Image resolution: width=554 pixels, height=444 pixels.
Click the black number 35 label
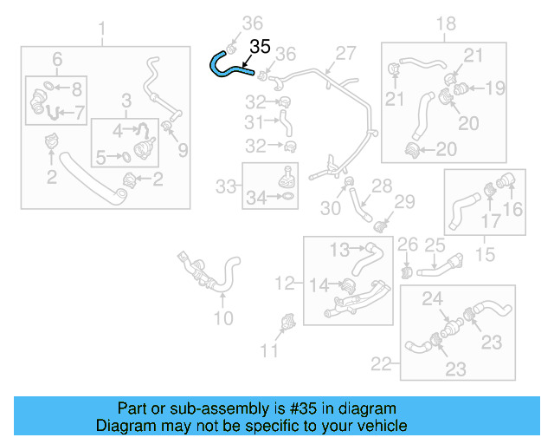tap(261, 46)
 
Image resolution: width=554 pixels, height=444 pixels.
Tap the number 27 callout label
tap(345, 54)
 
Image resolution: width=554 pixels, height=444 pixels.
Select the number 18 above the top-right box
tap(445, 24)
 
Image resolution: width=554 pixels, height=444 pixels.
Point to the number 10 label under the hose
tap(223, 318)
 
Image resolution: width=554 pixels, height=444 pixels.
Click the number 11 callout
tap(270, 350)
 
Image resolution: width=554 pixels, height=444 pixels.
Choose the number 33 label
tap(225, 186)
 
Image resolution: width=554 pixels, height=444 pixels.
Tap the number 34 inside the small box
tap(256, 199)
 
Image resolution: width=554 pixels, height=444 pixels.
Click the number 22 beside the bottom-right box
tap(382, 364)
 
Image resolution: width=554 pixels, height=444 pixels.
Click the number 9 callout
tap(183, 150)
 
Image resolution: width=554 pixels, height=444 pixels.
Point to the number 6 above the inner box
tap(57, 59)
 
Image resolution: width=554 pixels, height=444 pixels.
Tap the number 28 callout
tap(382, 186)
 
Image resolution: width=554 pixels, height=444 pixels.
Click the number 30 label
tap(330, 208)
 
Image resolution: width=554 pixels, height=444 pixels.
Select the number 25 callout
tap(434, 246)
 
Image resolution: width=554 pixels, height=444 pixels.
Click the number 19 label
tap(494, 88)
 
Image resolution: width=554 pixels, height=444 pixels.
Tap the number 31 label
tap(253, 122)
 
